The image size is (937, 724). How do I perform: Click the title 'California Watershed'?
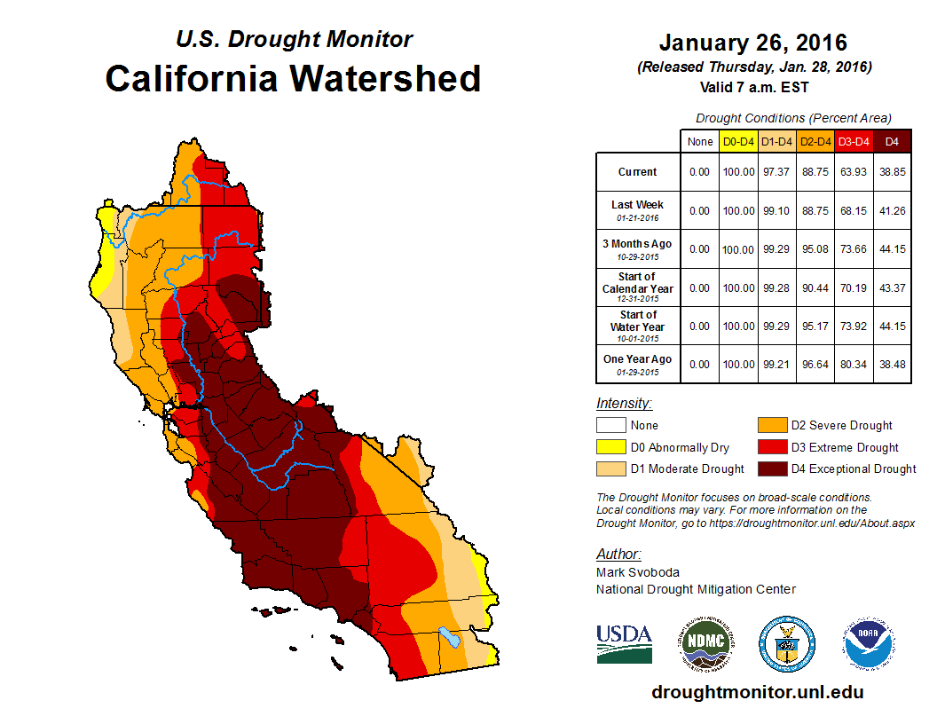pyautogui.click(x=293, y=78)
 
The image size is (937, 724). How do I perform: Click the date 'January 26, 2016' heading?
pyautogui.click(x=753, y=43)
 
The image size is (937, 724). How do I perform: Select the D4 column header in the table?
pyautogui.click(x=892, y=141)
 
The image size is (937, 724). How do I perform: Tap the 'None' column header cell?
pyautogui.click(x=700, y=141)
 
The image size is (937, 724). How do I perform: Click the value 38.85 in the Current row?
pyautogui.click(x=892, y=172)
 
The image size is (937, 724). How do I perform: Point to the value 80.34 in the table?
pyautogui.click(x=854, y=364)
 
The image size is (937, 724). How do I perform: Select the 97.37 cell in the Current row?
pyautogui.click(x=777, y=172)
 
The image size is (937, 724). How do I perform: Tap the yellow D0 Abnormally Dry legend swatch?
pyautogui.click(x=610, y=447)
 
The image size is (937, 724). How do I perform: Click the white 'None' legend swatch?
pyautogui.click(x=610, y=425)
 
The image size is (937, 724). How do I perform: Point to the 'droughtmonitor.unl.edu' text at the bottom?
pyautogui.click(x=757, y=692)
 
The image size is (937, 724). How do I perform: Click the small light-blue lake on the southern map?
pyautogui.click(x=450, y=636)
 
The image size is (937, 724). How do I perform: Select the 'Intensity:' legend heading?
pyautogui.click(x=624, y=403)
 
